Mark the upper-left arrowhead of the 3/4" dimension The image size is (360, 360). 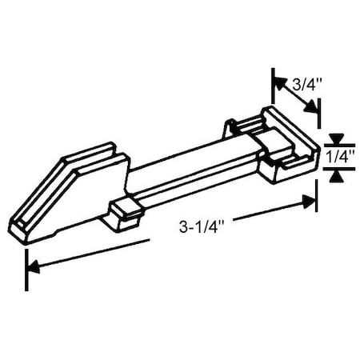pos(278,82)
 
